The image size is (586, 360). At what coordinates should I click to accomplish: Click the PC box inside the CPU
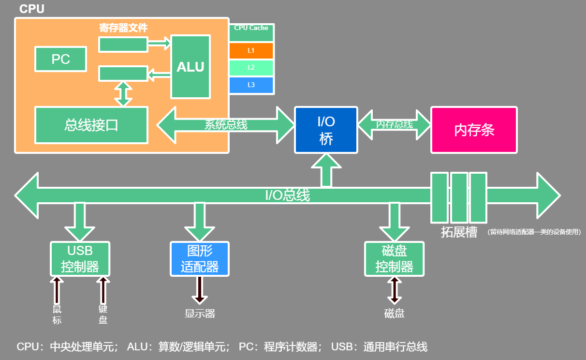[61, 59]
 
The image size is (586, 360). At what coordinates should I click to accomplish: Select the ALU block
[190, 67]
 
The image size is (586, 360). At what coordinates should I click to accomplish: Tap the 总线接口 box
[91, 125]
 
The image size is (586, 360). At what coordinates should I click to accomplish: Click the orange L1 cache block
[251, 50]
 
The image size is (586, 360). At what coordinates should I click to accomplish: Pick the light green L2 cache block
[251, 68]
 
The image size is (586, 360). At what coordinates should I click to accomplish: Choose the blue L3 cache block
[251, 85]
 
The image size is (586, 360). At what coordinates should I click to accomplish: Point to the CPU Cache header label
[251, 29]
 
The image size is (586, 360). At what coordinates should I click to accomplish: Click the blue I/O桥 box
[326, 130]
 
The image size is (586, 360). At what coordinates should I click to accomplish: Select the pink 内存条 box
[474, 130]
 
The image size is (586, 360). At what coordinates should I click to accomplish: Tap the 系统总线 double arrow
[226, 125]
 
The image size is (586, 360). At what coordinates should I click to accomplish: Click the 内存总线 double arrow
[394, 124]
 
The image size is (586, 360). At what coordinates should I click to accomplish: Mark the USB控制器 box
[80, 259]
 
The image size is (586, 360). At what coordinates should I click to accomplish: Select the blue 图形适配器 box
[200, 259]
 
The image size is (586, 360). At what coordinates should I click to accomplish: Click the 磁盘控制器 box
[394, 259]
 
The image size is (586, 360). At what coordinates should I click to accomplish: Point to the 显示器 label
[200, 314]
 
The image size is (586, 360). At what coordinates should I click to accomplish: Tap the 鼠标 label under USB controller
[57, 315]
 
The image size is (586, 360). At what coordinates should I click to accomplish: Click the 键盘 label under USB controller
[103, 315]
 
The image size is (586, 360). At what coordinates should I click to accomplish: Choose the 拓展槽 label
[459, 232]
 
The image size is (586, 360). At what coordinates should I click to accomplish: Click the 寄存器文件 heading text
[123, 28]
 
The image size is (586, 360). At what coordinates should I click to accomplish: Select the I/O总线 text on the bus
[287, 195]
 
